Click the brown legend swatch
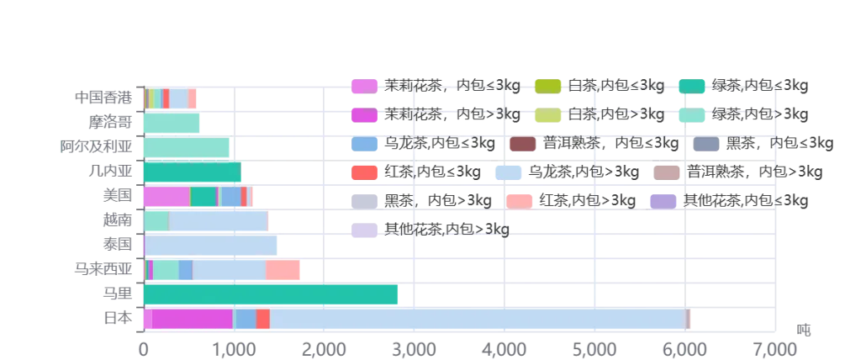pyautogui.click(x=523, y=144)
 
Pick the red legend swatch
pyautogui.click(x=364, y=173)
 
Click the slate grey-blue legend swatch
pyautogui.click(x=705, y=144)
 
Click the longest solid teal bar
pyautogui.click(x=271, y=294)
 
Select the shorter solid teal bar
pyautogui.click(x=193, y=172)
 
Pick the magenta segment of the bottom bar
pyautogui.click(x=192, y=319)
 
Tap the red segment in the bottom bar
pyautogui.click(x=262, y=319)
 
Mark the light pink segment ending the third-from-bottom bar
pyautogui.click(x=283, y=270)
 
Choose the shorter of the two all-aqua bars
pyautogui.click(x=172, y=124)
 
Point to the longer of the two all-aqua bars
pyautogui.click(x=186, y=148)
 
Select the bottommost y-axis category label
pyautogui.click(x=117, y=319)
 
